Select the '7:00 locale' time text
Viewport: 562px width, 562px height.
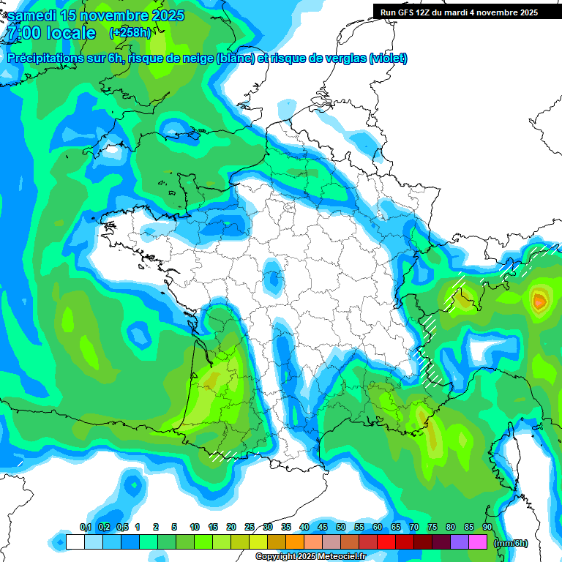coord(50,34)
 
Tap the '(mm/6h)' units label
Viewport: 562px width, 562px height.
coord(511,542)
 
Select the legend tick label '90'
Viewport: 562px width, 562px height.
coord(487,527)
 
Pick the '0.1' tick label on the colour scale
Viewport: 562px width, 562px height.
coord(85,527)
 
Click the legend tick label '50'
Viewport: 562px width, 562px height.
coord(341,527)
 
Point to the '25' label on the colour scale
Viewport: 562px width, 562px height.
coord(250,527)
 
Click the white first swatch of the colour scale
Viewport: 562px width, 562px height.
coord(75,542)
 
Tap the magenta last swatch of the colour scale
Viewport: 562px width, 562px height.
coord(478,542)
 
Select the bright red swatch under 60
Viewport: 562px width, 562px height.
coord(386,542)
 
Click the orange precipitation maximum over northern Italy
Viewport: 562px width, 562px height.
coord(540,299)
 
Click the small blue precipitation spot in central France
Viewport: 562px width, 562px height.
coord(274,278)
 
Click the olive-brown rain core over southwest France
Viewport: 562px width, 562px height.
coord(212,381)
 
